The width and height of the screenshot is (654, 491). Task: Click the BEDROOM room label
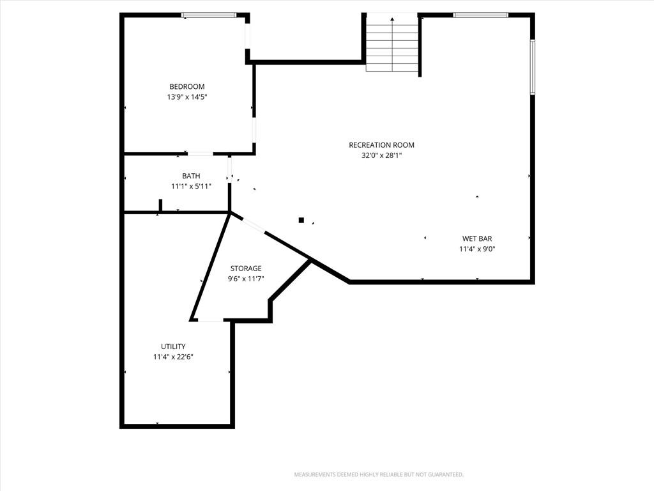click(x=187, y=86)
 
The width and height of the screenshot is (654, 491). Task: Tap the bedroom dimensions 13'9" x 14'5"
click(x=187, y=97)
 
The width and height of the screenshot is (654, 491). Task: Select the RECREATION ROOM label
click(x=382, y=145)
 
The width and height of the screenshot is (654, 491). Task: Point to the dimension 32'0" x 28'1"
click(x=382, y=155)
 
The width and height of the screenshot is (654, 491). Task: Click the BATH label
click(x=191, y=176)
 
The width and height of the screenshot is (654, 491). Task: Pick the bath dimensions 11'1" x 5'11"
click(x=191, y=186)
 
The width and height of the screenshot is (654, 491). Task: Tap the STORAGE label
click(x=246, y=268)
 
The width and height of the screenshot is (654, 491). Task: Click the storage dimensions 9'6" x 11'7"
click(x=246, y=279)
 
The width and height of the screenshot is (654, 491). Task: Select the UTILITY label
click(x=173, y=346)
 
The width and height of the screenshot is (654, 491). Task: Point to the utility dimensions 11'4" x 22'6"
click(x=173, y=357)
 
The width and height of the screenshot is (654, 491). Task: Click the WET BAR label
click(x=477, y=238)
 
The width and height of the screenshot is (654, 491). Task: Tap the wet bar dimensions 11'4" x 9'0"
click(x=477, y=249)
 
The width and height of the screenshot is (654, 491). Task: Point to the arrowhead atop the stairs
click(x=392, y=19)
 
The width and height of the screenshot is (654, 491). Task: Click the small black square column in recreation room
click(x=301, y=220)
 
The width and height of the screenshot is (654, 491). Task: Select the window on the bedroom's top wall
click(x=209, y=15)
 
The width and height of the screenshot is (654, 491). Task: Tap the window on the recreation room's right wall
click(x=533, y=66)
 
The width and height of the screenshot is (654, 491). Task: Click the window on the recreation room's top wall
click(x=480, y=15)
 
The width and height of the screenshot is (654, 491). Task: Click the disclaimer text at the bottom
click(x=379, y=474)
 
